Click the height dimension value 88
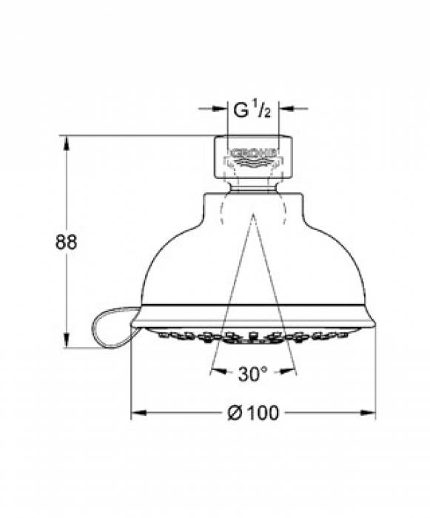tap(66, 241)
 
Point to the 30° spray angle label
tap(253, 374)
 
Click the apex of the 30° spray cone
tap(252, 215)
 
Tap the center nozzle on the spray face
tap(253, 334)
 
